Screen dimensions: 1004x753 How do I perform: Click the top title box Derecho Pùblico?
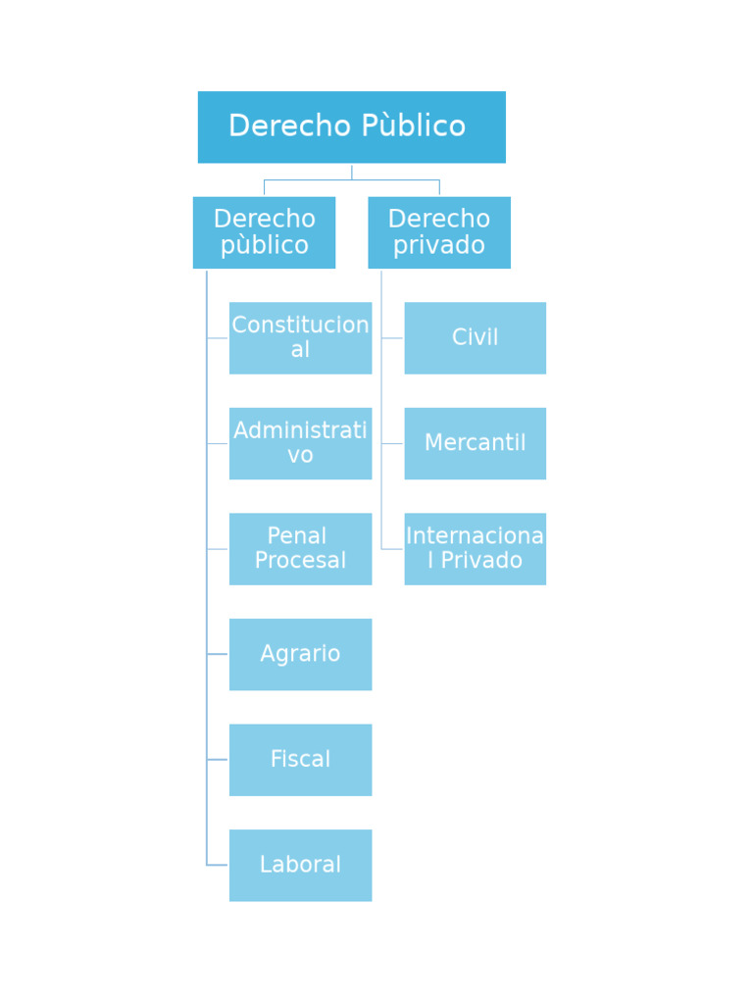pos(351,127)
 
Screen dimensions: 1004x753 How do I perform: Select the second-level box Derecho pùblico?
pos(264,232)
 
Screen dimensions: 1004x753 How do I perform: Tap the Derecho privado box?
pos(438,232)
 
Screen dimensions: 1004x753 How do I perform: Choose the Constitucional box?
pos(300,338)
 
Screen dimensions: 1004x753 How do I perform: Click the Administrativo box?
pos(300,443)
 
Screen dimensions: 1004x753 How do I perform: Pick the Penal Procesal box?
pos(300,549)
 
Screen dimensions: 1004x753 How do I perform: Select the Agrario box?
pos(300,654)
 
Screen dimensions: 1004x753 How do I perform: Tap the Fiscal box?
pos(300,760)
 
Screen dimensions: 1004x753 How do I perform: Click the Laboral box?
pos(300,865)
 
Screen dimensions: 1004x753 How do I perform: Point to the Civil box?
pos(475,338)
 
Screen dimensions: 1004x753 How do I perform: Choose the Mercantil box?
pos(475,443)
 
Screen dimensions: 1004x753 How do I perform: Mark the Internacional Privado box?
pos(475,549)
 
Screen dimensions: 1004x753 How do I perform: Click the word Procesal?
pos(300,561)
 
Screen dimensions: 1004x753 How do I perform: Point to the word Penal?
pos(296,536)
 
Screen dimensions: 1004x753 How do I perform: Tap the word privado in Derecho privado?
pos(438,245)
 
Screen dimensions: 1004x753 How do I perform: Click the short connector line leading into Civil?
pos(392,338)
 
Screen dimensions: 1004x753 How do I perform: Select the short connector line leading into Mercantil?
pos(392,443)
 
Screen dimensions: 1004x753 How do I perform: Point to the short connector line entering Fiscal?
pos(218,760)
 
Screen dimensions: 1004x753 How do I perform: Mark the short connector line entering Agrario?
pos(218,654)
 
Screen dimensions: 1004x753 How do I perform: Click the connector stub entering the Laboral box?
pos(218,865)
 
